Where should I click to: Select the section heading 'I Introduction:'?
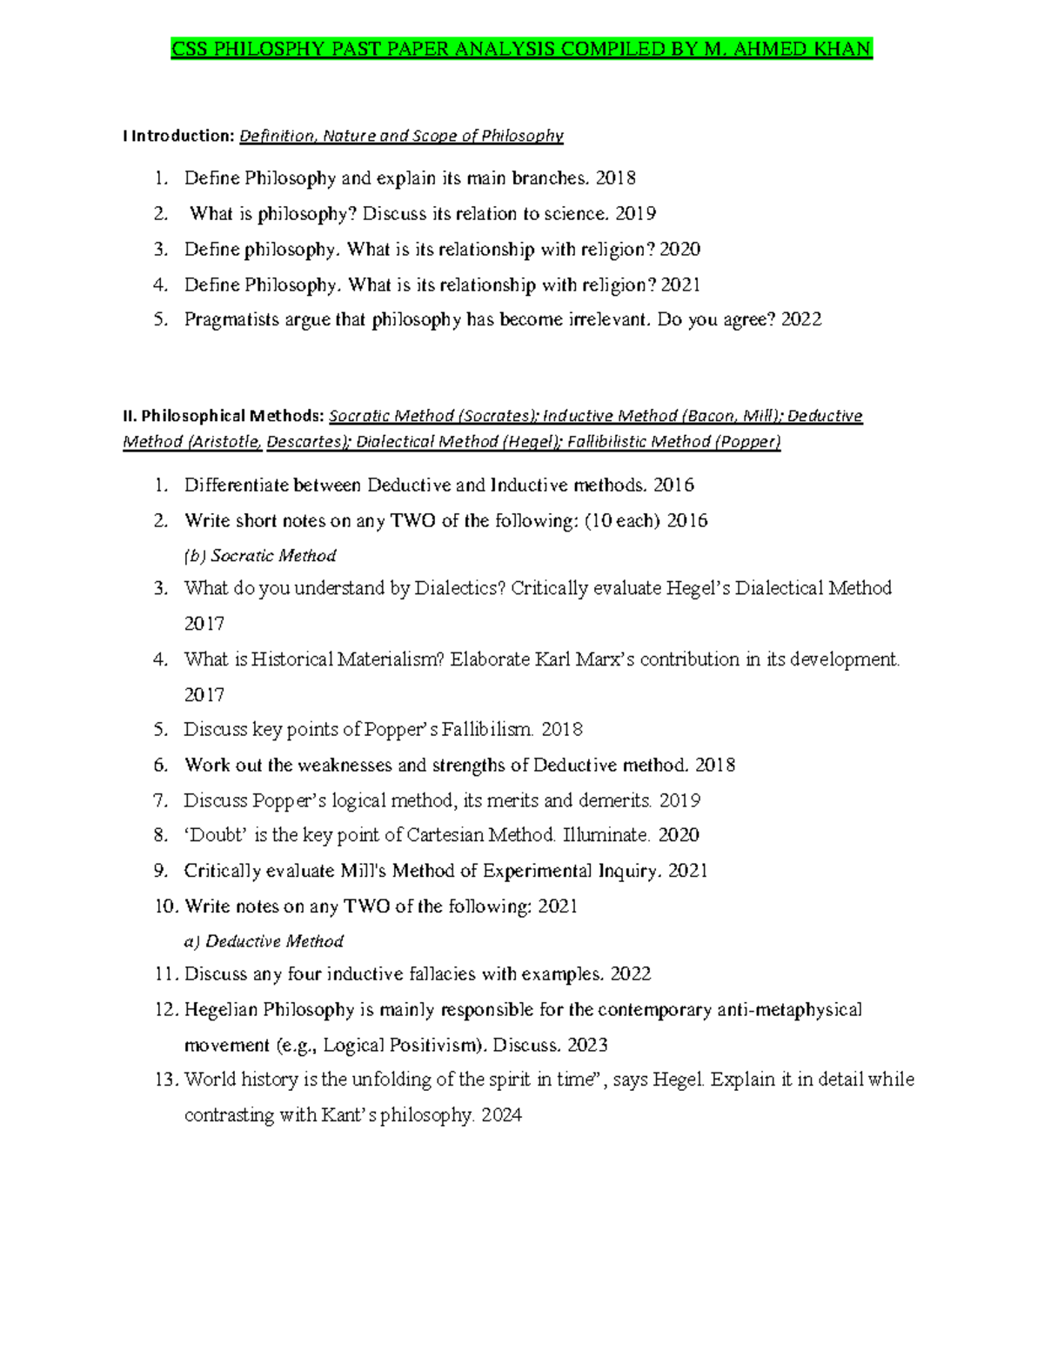pos(178,136)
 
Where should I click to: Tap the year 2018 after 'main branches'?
pos(615,178)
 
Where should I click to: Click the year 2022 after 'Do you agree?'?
pos(800,320)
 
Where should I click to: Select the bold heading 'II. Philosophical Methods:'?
pos(224,416)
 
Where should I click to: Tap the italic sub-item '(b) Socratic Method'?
pos(260,556)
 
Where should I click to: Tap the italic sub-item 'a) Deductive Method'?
pos(264,941)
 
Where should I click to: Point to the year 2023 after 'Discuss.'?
pos(587,1046)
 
